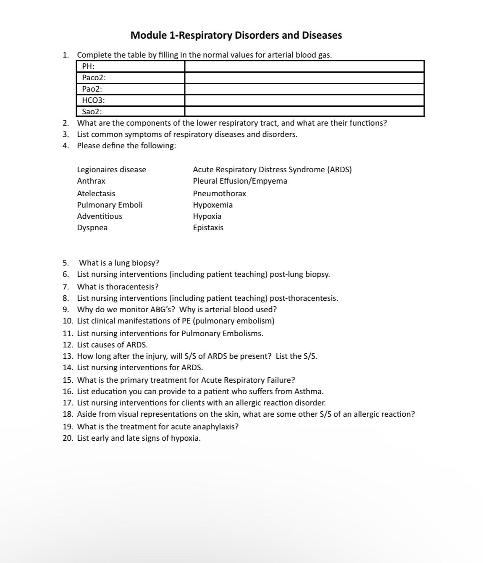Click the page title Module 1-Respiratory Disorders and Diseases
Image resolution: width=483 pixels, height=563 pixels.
236,35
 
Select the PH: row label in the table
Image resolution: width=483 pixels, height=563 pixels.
88,66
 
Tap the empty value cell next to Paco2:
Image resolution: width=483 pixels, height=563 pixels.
304,78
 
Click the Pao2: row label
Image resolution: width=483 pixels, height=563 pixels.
92,89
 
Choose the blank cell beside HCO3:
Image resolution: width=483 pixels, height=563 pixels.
304,100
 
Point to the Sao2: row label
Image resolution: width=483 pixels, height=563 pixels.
92,112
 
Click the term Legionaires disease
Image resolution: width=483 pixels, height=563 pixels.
112,170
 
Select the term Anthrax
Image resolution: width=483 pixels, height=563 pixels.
91,181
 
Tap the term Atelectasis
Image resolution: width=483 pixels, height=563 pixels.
96,194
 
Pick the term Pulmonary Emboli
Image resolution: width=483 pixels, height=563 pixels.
110,205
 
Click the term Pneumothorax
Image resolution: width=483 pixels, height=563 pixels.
220,194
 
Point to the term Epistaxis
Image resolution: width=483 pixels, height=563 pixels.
208,228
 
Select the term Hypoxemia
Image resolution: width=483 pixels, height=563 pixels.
213,205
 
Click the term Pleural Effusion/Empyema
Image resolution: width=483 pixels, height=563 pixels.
240,181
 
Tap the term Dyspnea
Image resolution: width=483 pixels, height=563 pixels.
92,228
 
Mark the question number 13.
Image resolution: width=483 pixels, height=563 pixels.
68,356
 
